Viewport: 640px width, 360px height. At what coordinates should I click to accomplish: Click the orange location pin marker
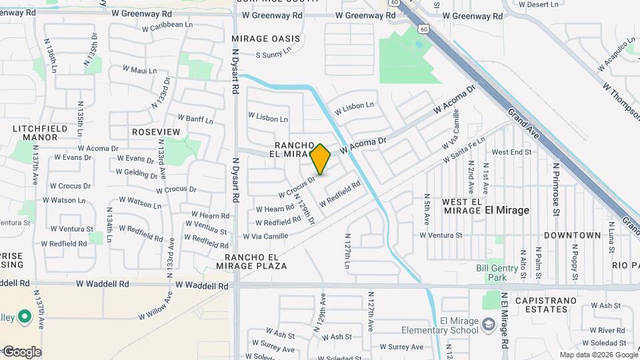pos(321,159)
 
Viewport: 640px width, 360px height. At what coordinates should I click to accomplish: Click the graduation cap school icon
pos(489,324)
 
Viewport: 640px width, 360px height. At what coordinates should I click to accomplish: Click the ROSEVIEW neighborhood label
pos(156,132)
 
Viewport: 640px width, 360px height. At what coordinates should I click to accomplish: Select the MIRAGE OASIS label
pos(266,39)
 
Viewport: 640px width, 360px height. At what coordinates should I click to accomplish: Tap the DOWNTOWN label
pos(572,235)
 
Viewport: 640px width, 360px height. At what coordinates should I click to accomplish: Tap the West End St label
pos(511,152)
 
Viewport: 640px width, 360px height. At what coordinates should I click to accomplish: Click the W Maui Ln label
pos(139,70)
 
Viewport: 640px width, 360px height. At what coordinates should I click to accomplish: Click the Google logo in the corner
pos(21,352)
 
